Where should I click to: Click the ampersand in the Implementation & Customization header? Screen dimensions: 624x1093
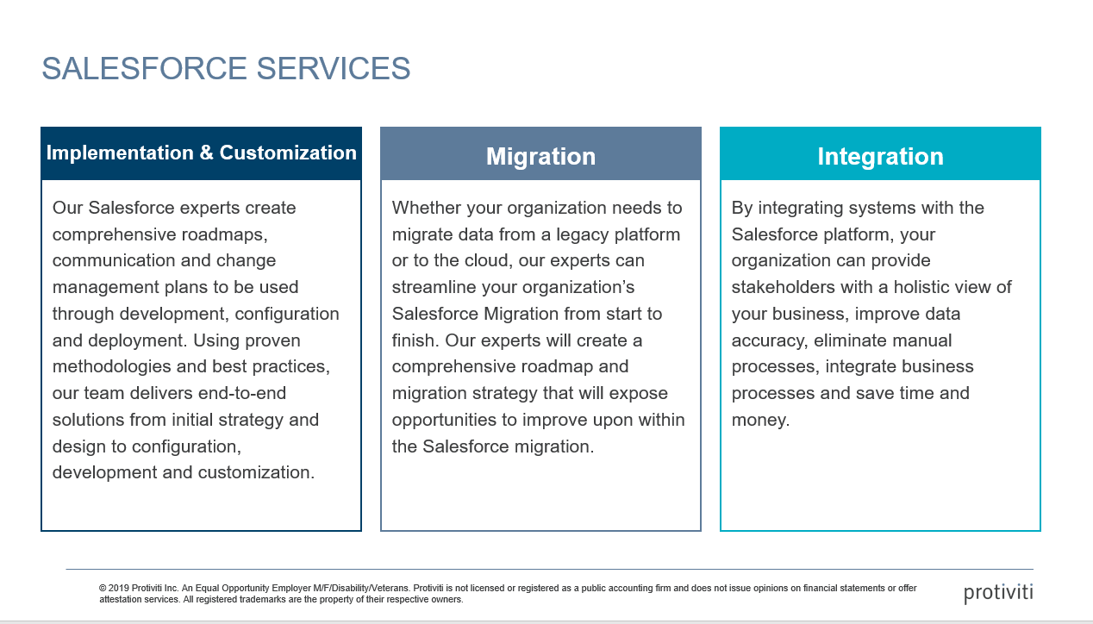206,153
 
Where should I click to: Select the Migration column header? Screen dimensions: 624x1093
540,156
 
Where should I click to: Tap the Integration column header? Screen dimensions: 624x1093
880,156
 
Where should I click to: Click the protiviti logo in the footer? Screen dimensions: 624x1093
998,593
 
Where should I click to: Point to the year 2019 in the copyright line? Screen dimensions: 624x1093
119,589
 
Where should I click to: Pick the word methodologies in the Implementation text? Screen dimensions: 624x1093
111,367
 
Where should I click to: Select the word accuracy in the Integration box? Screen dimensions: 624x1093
769,340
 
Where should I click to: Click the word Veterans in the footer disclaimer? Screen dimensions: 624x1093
391,589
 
